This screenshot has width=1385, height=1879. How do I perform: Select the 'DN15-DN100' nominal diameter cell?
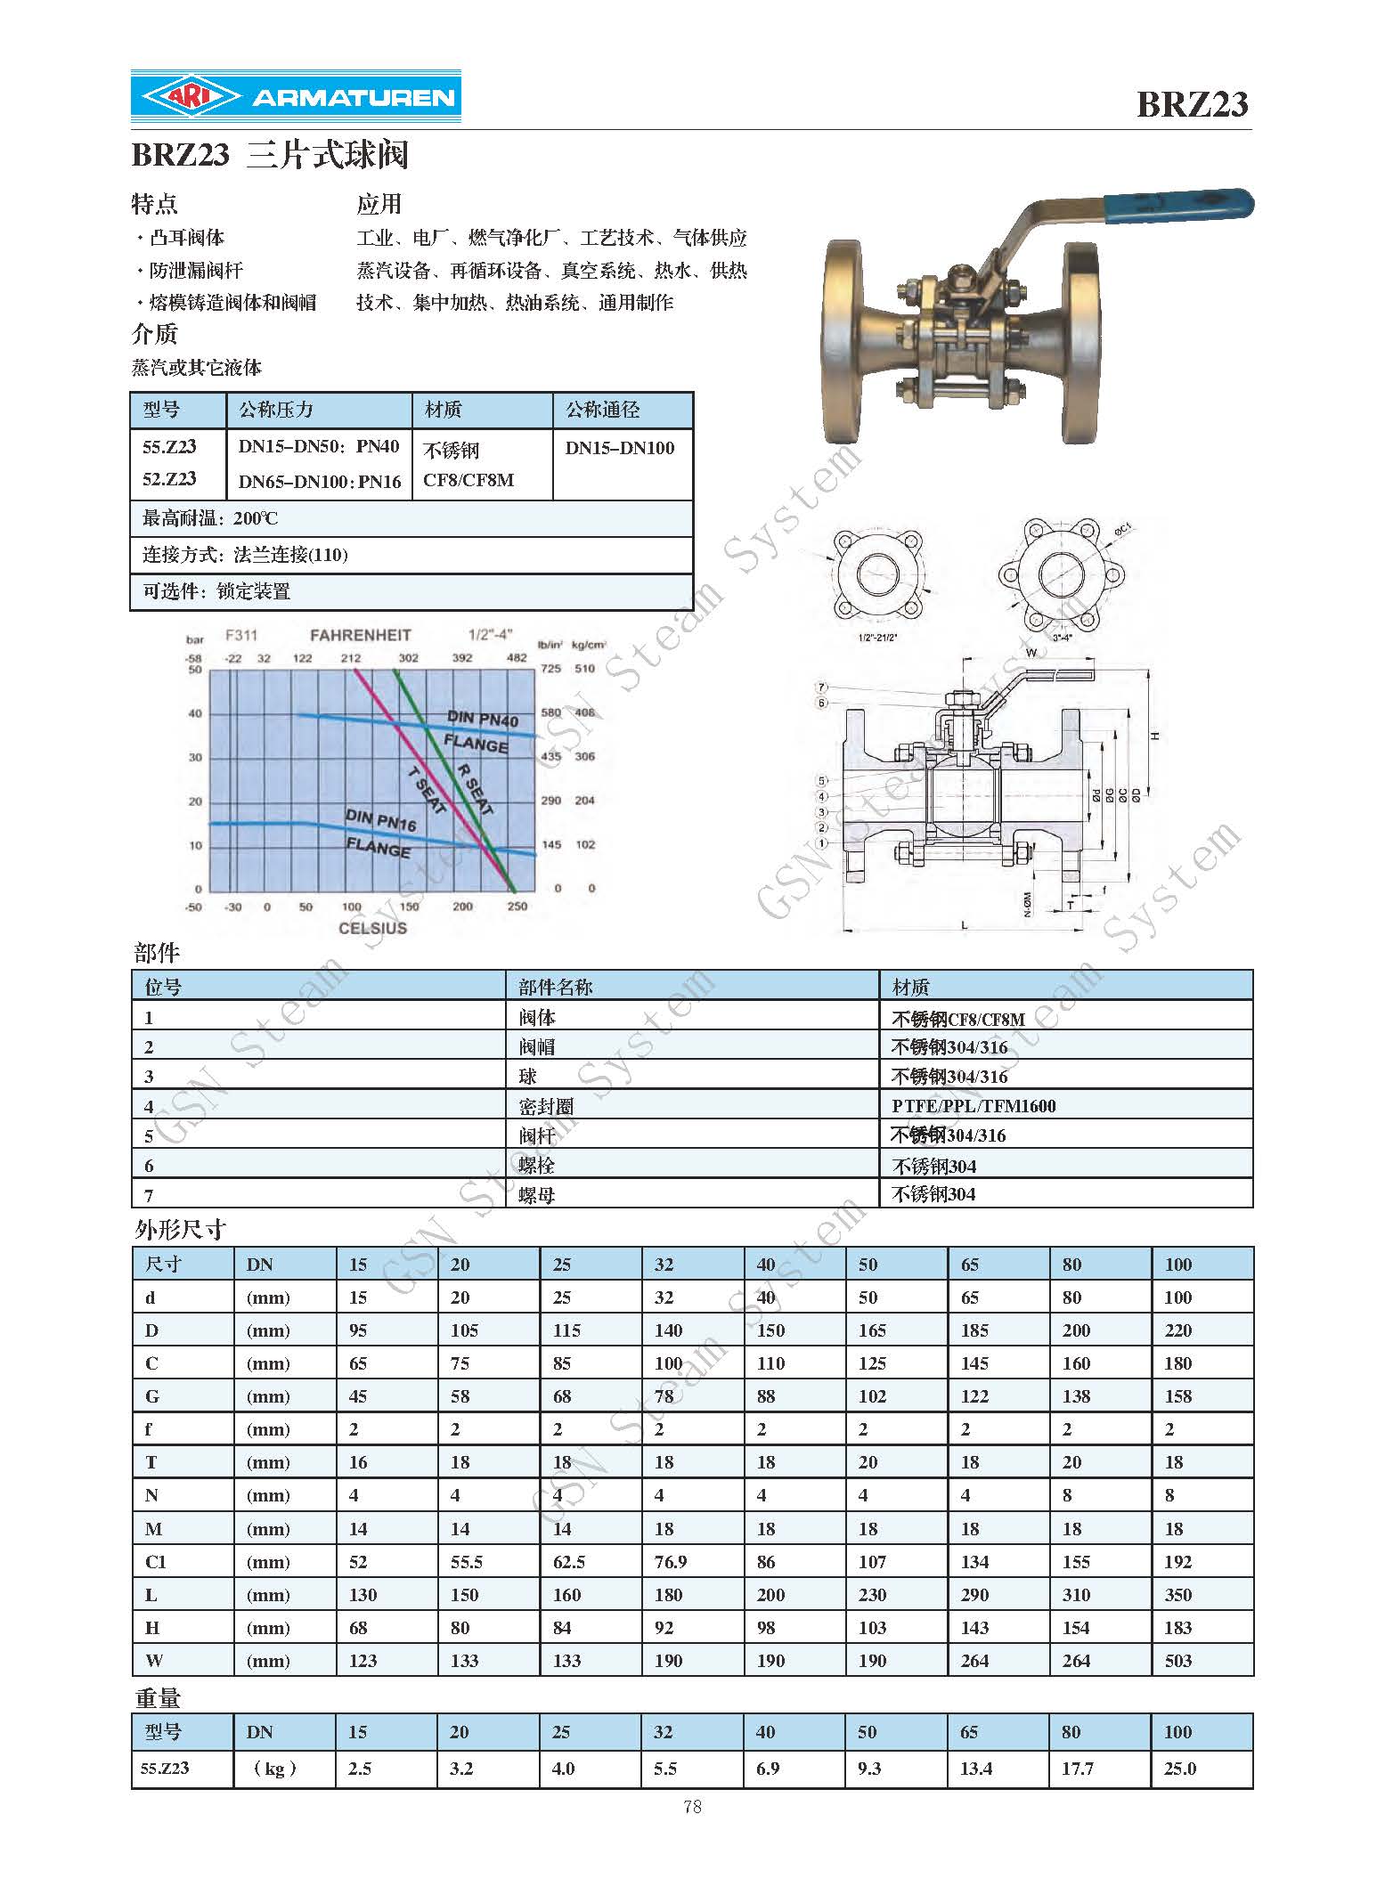click(620, 448)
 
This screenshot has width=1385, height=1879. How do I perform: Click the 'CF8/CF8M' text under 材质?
click(468, 480)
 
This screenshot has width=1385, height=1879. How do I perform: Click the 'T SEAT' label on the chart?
click(427, 790)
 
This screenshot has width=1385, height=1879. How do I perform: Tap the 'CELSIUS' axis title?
click(372, 928)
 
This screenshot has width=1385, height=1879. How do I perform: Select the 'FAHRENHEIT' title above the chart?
click(360, 635)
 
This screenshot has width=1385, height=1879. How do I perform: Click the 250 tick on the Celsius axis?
click(517, 907)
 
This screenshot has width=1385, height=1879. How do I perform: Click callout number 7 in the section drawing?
click(822, 687)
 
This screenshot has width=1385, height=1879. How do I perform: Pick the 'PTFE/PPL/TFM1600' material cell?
click(974, 1106)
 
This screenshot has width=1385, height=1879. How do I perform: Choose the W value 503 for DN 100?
click(1177, 1660)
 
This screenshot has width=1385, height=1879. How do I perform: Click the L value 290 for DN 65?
click(974, 1594)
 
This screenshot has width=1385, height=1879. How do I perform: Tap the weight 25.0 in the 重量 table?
click(1179, 1768)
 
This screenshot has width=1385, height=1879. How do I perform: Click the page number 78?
click(692, 1806)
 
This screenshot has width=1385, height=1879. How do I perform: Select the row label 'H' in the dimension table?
click(152, 1627)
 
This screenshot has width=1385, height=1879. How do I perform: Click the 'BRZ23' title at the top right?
click(1192, 104)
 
